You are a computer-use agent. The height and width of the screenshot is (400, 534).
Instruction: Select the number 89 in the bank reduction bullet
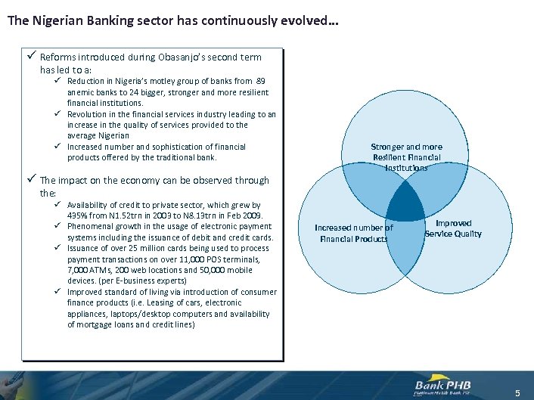click(260, 81)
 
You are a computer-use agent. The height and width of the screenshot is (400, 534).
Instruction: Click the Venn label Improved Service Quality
click(453, 228)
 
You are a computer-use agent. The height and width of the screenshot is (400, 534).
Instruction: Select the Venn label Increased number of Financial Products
click(353, 233)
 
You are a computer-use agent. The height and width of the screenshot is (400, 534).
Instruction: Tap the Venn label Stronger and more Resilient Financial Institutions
click(406, 157)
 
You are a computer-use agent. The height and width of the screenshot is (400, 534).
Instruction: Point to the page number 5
click(517, 392)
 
